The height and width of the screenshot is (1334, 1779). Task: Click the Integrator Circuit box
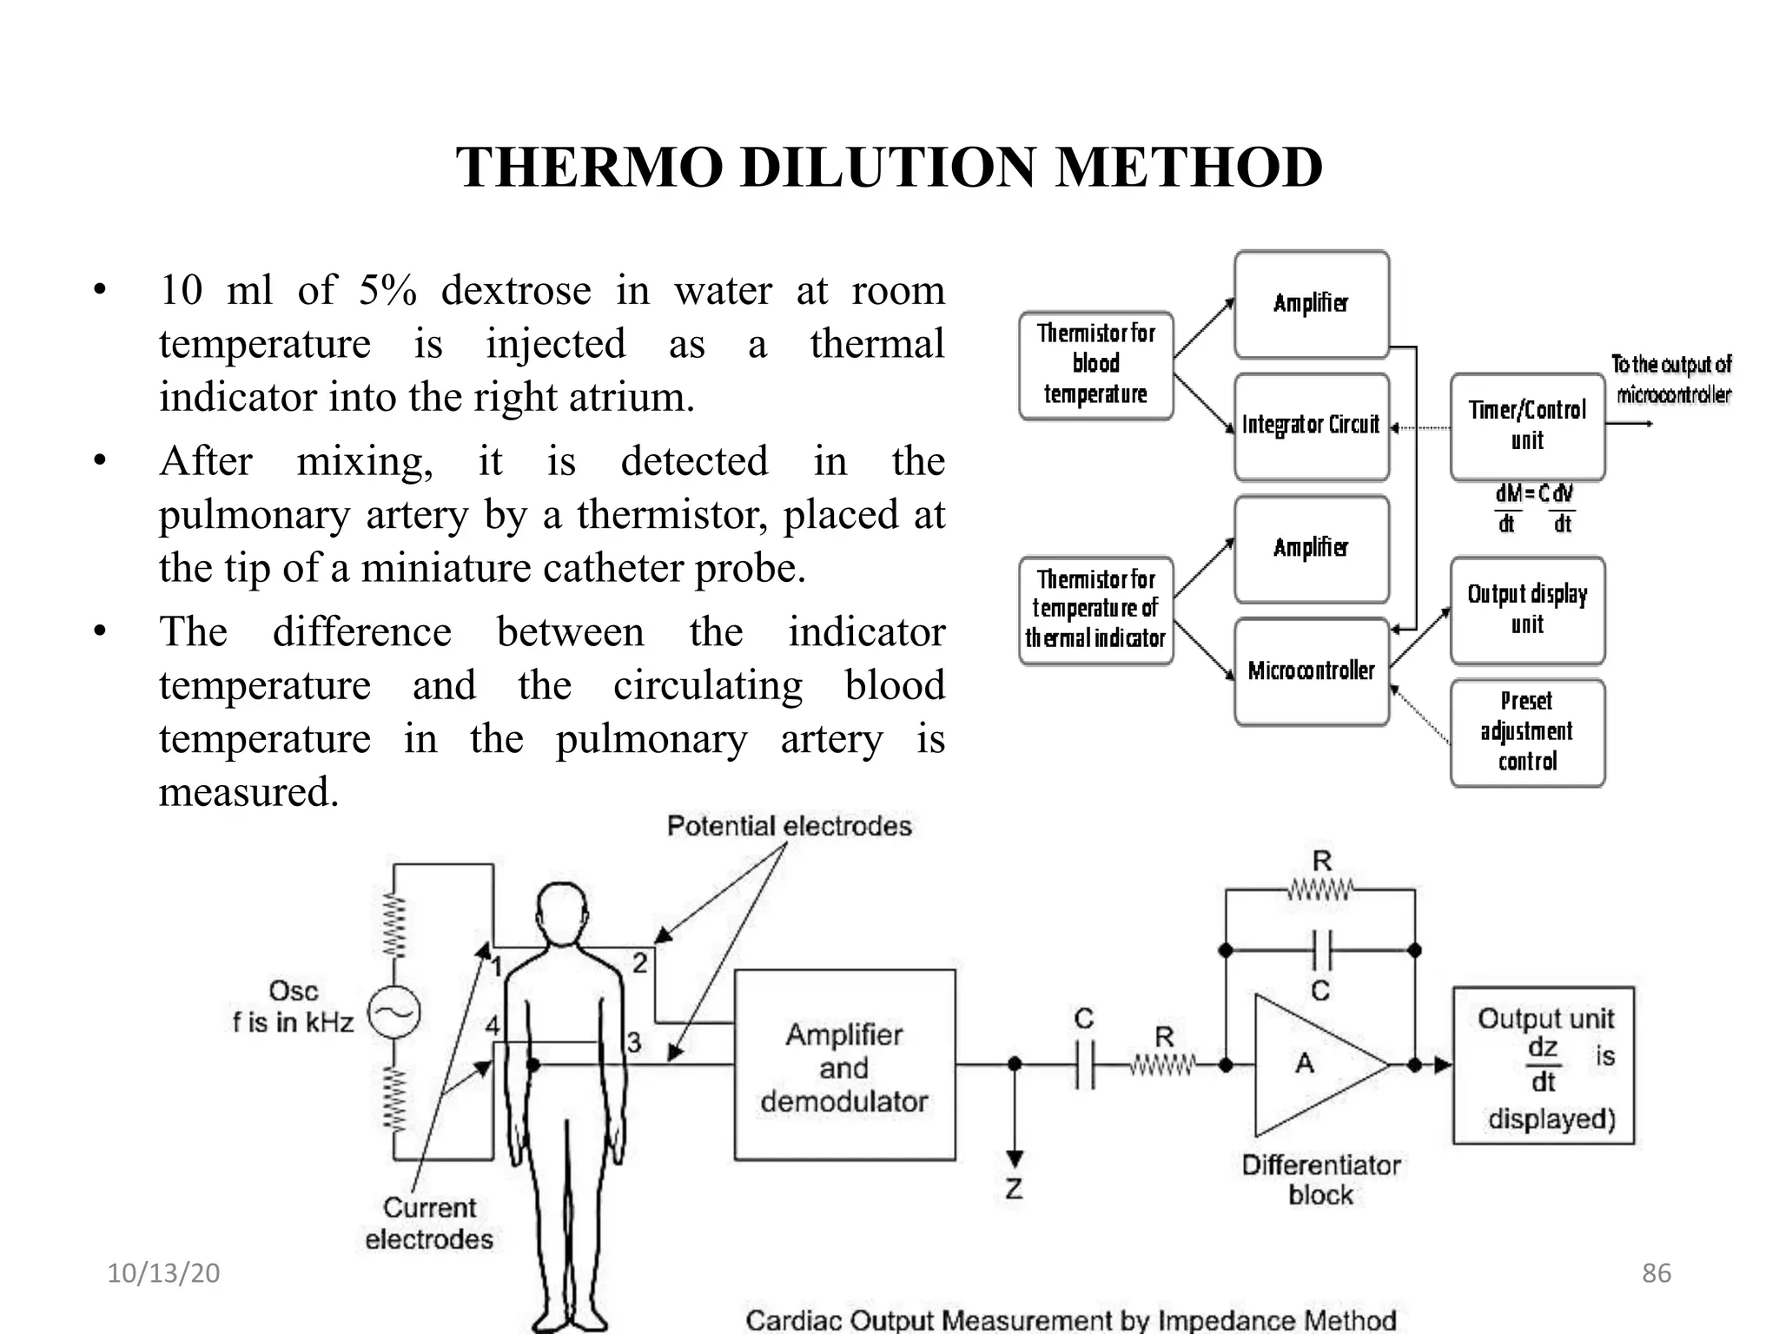tap(1311, 426)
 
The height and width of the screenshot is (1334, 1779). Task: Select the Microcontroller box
tap(1311, 671)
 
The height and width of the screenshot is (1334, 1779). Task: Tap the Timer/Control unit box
tap(1526, 426)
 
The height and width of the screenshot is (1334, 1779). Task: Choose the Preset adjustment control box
tap(1526, 732)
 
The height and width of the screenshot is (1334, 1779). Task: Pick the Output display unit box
tap(1526, 610)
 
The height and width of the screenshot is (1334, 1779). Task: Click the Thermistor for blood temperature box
tap(1095, 365)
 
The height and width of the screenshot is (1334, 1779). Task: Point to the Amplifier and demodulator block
tap(844, 1066)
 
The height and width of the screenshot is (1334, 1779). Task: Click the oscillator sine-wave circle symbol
tap(393, 1013)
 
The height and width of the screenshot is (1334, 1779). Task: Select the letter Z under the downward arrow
tap(1014, 1189)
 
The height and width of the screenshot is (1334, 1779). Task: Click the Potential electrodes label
tap(789, 826)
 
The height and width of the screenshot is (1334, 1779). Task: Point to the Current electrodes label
tap(429, 1223)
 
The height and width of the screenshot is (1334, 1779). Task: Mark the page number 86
tap(1656, 1273)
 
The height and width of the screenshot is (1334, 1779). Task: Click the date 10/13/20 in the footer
tap(163, 1273)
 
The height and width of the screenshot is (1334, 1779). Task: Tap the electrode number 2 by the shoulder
tap(639, 962)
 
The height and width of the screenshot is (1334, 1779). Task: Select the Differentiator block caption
tap(1320, 1179)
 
